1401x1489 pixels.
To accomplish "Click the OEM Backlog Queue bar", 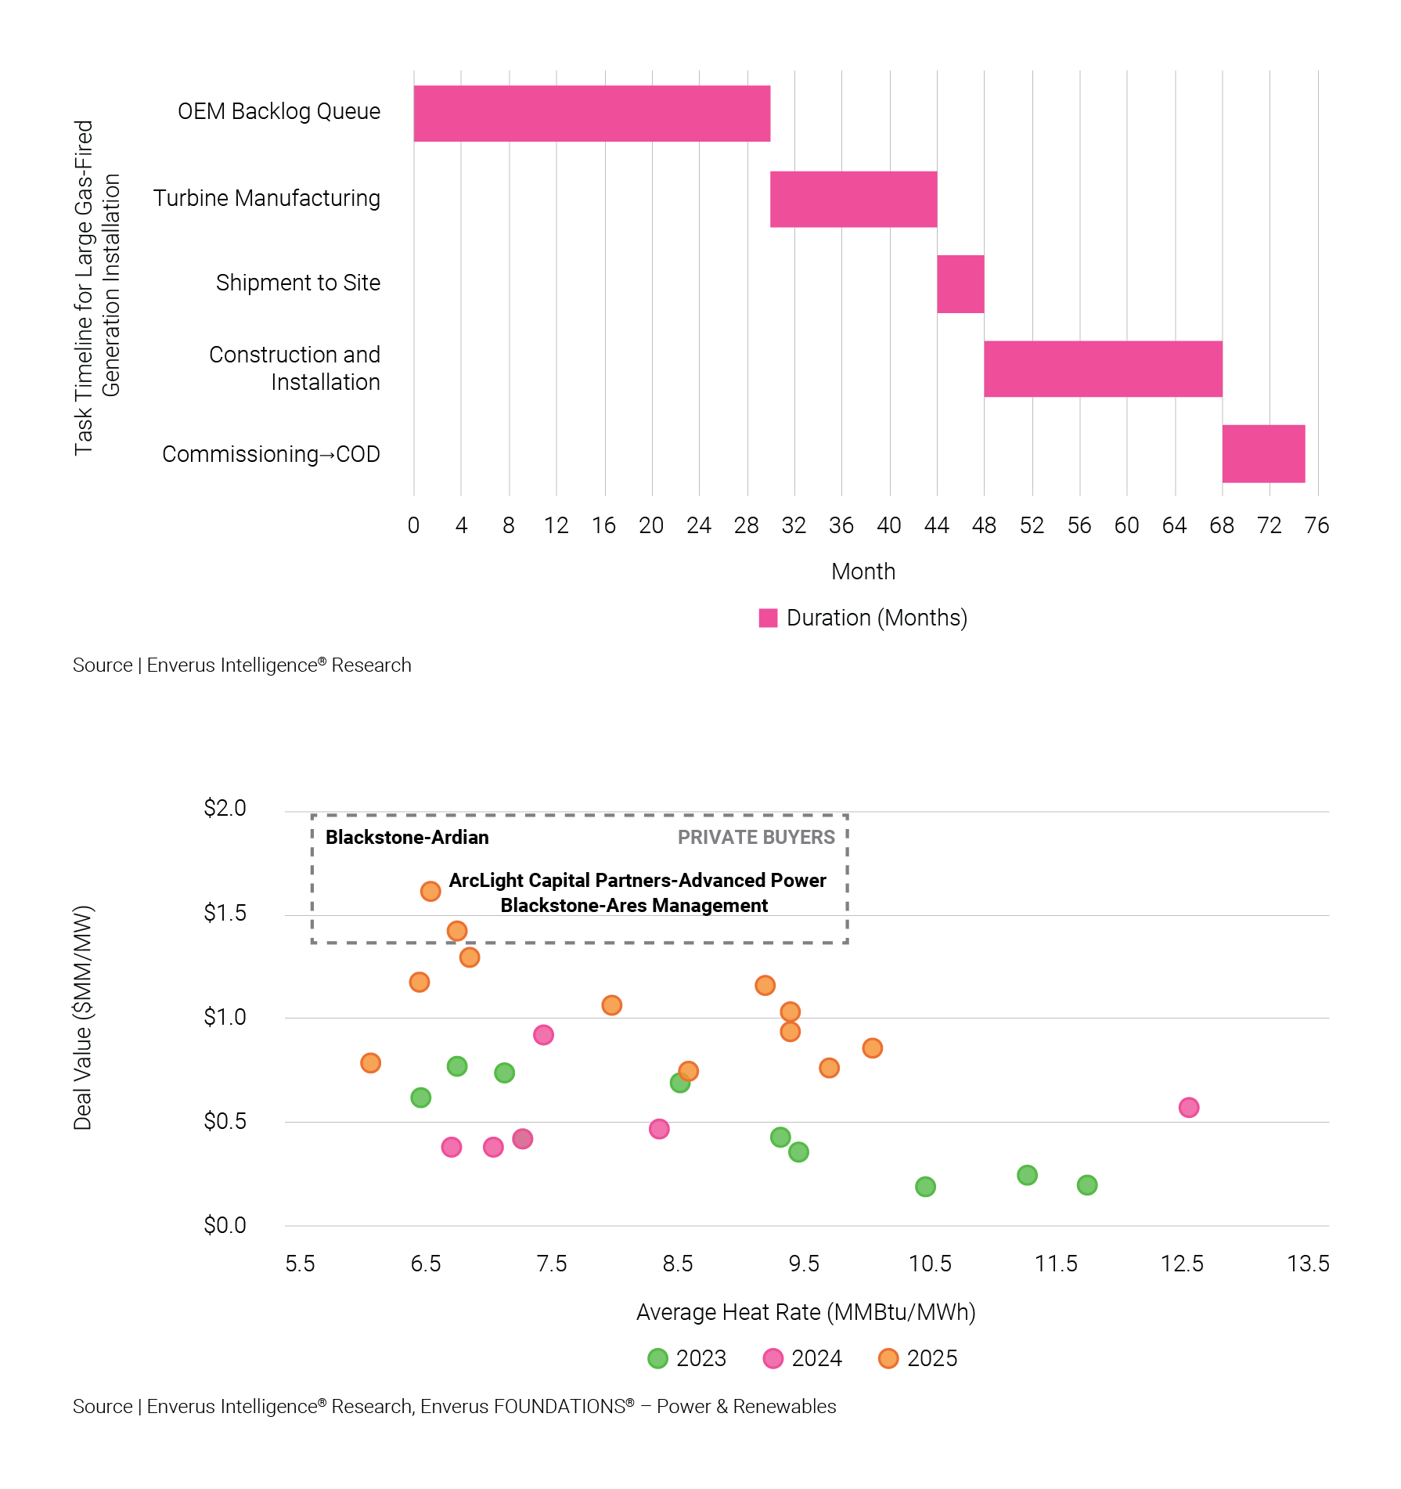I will point(592,114).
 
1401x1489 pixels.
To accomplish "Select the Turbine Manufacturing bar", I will point(853,200).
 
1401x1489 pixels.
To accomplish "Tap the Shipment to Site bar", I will point(960,284).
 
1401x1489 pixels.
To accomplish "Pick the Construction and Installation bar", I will point(1103,369).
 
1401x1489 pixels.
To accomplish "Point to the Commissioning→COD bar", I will point(1263,454).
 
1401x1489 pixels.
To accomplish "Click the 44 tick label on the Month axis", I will point(936,525).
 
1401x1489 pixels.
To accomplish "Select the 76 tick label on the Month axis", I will point(1316,525).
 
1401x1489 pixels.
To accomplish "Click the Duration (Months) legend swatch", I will point(768,618).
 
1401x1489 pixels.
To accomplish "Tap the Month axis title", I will point(863,571).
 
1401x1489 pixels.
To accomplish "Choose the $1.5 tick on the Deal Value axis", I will point(225,913).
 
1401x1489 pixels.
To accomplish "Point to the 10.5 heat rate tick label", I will point(930,1264).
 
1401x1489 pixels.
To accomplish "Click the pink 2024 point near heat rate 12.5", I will point(1188,1108).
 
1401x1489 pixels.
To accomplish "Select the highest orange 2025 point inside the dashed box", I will point(430,891).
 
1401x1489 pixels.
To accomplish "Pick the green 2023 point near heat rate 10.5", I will point(925,1187).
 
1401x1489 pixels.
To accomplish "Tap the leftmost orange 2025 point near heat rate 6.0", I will point(370,1063).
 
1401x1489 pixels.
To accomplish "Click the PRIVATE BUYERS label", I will point(756,838).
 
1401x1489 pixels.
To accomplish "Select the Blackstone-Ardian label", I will point(407,838).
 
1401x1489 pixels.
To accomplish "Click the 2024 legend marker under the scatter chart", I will point(773,1358).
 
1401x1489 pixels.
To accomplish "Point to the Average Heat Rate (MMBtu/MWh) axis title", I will point(805,1312).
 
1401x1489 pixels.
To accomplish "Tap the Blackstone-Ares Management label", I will point(634,906).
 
